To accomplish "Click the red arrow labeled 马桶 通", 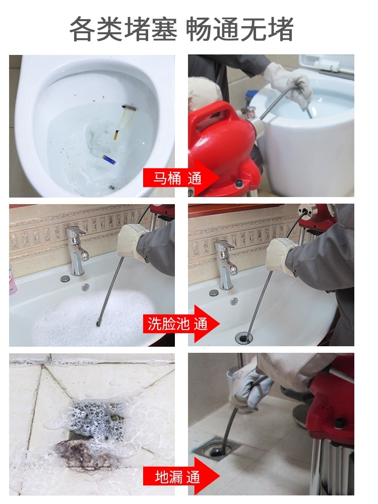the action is pos(181,178).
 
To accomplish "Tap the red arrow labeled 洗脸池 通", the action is pos(181,324).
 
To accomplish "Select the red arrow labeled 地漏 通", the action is pos(181,476).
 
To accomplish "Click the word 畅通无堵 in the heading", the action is pos(239,30).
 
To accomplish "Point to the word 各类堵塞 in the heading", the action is pos(123,30).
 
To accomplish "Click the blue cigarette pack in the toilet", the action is pos(109,159).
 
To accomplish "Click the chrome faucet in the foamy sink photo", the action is pos(77,250).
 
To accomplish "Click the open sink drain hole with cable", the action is pos(244,337).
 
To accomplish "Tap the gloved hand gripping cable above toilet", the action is pos(289,83).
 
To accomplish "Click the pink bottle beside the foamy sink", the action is pos(12,279).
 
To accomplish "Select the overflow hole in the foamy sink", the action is pos(85,287).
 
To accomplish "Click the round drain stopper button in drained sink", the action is pos(214,292).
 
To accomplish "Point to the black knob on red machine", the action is pos(239,183).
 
